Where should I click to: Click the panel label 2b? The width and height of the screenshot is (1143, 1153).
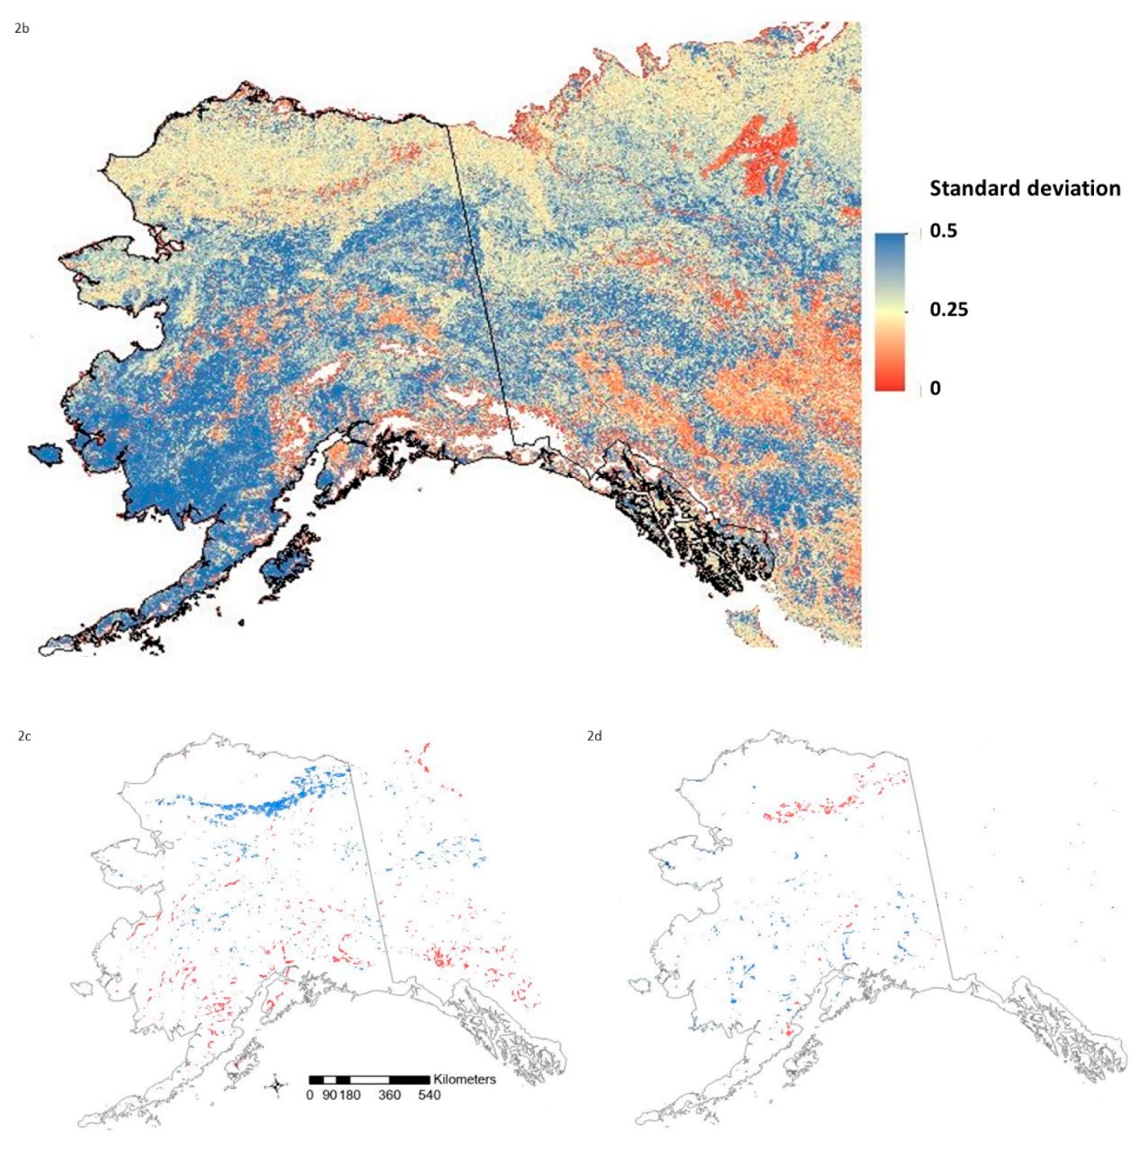pos(22,29)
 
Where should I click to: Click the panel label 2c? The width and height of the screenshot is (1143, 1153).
pos(24,736)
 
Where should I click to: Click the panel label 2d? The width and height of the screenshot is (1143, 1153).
pos(594,736)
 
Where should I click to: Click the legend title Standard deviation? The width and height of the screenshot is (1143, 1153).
pos(1024,188)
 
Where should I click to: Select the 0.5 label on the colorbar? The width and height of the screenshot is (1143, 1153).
pos(943,231)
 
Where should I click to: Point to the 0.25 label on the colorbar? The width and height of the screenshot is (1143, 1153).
pos(949,309)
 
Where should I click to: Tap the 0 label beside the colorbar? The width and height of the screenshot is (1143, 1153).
pos(935,388)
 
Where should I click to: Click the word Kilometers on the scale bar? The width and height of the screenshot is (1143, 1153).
pos(465,1079)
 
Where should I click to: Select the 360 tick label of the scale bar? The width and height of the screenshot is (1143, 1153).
pos(389,1095)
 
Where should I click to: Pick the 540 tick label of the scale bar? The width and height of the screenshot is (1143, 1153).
pos(429,1095)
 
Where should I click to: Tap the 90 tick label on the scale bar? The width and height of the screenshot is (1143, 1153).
pos(329,1095)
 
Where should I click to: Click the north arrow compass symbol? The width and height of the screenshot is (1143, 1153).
pos(277,1086)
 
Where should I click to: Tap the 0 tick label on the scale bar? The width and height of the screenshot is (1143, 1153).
pos(310,1095)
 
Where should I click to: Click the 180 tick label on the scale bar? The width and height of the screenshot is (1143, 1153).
pos(350,1095)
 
